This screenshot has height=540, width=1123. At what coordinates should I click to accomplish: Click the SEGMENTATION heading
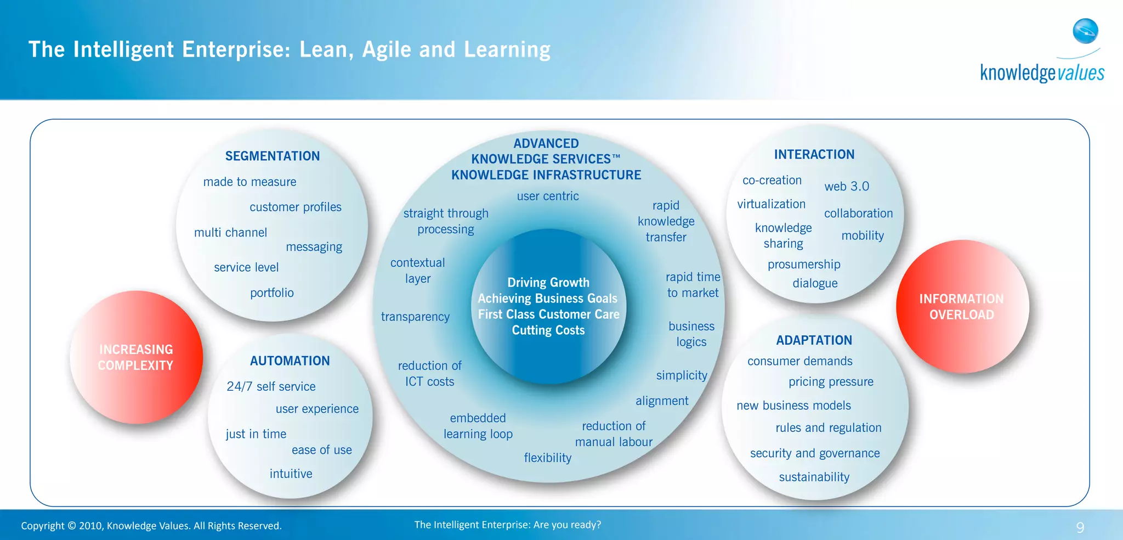(x=273, y=156)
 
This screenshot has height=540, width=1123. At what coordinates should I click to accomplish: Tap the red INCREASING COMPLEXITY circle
(x=136, y=357)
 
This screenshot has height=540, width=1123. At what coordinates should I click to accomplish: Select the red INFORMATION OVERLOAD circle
(x=962, y=307)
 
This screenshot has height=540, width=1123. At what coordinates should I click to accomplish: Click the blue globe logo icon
(x=1085, y=31)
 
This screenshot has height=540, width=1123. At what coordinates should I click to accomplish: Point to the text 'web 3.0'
(x=847, y=187)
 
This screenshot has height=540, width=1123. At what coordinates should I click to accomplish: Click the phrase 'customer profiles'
(x=295, y=207)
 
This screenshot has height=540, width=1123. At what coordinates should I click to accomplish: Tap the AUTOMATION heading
(x=290, y=361)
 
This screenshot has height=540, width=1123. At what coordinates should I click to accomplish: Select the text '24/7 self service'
(x=271, y=387)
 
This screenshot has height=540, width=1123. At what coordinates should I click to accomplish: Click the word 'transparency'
(x=415, y=317)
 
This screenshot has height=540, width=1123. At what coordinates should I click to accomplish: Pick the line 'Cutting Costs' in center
(x=548, y=330)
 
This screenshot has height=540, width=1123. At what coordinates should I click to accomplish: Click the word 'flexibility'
(x=547, y=458)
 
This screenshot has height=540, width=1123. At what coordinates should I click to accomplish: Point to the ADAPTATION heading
(x=814, y=340)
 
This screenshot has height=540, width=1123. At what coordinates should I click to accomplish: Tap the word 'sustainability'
(x=814, y=477)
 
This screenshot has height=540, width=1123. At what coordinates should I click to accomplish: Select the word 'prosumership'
(x=804, y=265)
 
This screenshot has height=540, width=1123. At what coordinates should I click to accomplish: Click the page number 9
(x=1080, y=527)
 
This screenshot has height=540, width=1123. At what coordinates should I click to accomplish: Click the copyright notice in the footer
(x=151, y=526)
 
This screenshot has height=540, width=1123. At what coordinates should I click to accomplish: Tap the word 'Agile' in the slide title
(x=386, y=50)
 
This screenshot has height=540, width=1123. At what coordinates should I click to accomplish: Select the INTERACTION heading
(x=814, y=155)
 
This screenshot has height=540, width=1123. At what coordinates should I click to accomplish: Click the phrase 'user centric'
(x=547, y=196)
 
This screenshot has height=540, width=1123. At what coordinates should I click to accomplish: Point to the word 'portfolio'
(x=272, y=293)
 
